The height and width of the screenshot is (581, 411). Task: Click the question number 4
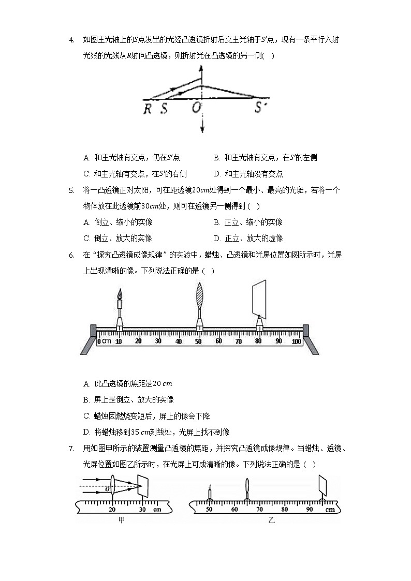tap(71, 40)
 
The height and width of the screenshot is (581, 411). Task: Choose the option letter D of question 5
tap(216, 239)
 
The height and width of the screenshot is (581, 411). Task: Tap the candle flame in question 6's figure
tap(120, 294)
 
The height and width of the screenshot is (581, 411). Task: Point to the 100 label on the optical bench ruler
tap(296, 341)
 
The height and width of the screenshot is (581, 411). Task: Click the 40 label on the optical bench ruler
tap(179, 341)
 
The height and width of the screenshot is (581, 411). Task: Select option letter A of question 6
tap(86, 384)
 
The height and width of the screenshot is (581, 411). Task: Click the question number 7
tap(71, 449)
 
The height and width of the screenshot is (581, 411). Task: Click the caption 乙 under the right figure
tap(271, 520)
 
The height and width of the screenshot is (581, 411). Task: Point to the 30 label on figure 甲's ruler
tap(142, 510)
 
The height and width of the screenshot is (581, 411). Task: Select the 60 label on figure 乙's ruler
tap(234, 510)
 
